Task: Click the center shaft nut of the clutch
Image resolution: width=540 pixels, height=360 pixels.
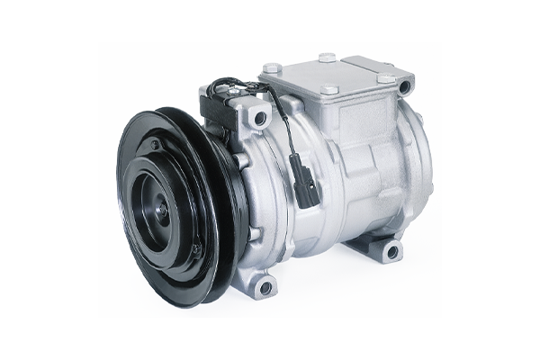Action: point(163,209)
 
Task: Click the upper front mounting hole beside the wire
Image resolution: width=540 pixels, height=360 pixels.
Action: point(260,117)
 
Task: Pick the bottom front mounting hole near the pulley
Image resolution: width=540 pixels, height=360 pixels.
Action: point(265,288)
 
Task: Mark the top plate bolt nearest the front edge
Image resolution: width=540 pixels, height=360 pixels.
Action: point(328,90)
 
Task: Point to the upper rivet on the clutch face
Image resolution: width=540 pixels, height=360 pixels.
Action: point(155,145)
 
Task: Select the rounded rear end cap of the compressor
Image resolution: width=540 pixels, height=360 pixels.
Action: point(414,162)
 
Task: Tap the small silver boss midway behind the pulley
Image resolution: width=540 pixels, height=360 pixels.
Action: point(243,162)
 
